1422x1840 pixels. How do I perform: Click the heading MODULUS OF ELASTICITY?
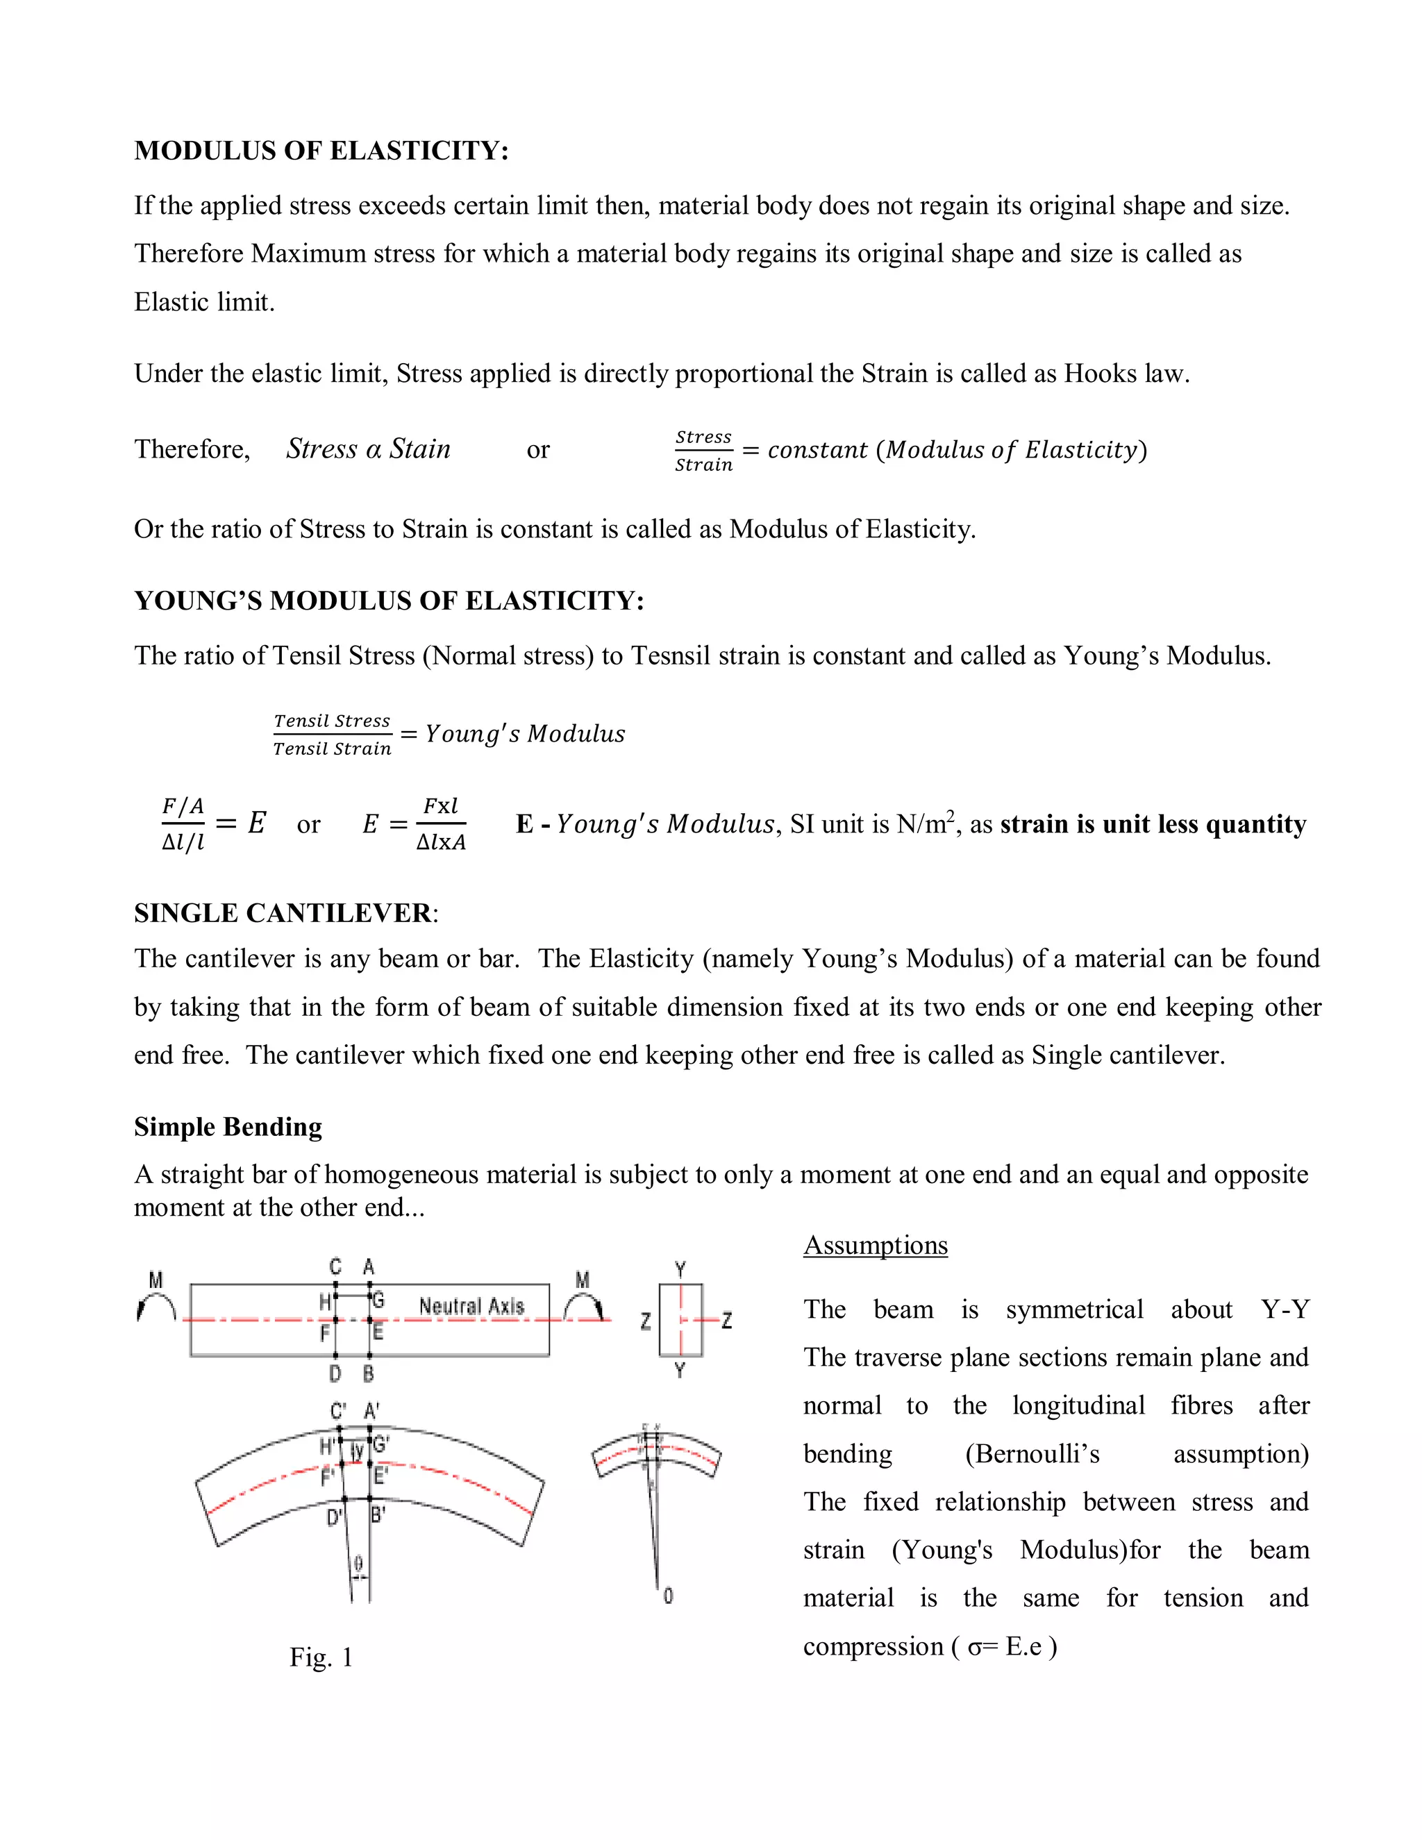321,151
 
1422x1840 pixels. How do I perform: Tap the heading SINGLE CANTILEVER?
284,913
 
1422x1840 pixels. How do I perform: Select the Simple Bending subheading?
228,1127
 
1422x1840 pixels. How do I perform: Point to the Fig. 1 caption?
321,1657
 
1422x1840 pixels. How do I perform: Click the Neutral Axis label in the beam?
471,1306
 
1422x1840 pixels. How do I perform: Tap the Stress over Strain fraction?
703,451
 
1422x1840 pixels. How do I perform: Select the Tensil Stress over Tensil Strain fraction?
332,735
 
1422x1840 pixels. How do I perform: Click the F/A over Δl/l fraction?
183,824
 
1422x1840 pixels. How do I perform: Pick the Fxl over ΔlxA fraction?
441,824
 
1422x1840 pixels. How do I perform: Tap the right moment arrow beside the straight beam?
584,1306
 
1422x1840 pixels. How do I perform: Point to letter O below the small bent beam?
668,1596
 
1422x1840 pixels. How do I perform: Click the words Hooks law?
1126,374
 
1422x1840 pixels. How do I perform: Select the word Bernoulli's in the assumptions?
1032,1454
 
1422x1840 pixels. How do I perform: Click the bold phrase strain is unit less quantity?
1153,824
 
